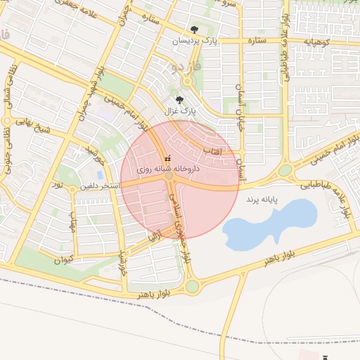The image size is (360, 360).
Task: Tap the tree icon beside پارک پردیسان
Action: [194, 30]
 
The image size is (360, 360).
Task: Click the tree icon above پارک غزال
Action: [179, 100]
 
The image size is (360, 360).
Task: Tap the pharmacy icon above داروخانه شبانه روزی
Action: [167, 159]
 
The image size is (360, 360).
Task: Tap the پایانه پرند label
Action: [262, 200]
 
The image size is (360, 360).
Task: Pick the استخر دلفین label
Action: [99, 186]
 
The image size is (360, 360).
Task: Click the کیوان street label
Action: [63, 259]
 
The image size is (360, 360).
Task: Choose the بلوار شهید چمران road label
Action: [90, 91]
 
